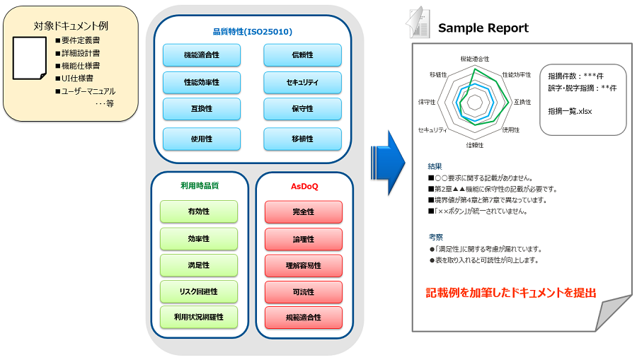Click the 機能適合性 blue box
coord(202,55)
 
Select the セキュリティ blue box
coord(302,83)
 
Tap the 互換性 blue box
coord(202,109)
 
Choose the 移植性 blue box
coord(302,139)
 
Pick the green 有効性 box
coord(199,211)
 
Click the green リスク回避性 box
coord(199,291)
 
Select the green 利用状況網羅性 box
coord(199,317)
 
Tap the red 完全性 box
coord(303,211)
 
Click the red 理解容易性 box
coord(303,265)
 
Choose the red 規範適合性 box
coord(303,317)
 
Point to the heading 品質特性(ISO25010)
coord(253,32)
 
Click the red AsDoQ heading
coord(304,187)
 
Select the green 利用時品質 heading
coord(199,186)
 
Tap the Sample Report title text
coord(483,28)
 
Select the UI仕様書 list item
coord(78,79)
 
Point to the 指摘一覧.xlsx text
coord(569,111)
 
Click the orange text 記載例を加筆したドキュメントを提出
coord(510,292)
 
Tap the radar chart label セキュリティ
coord(432,130)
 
